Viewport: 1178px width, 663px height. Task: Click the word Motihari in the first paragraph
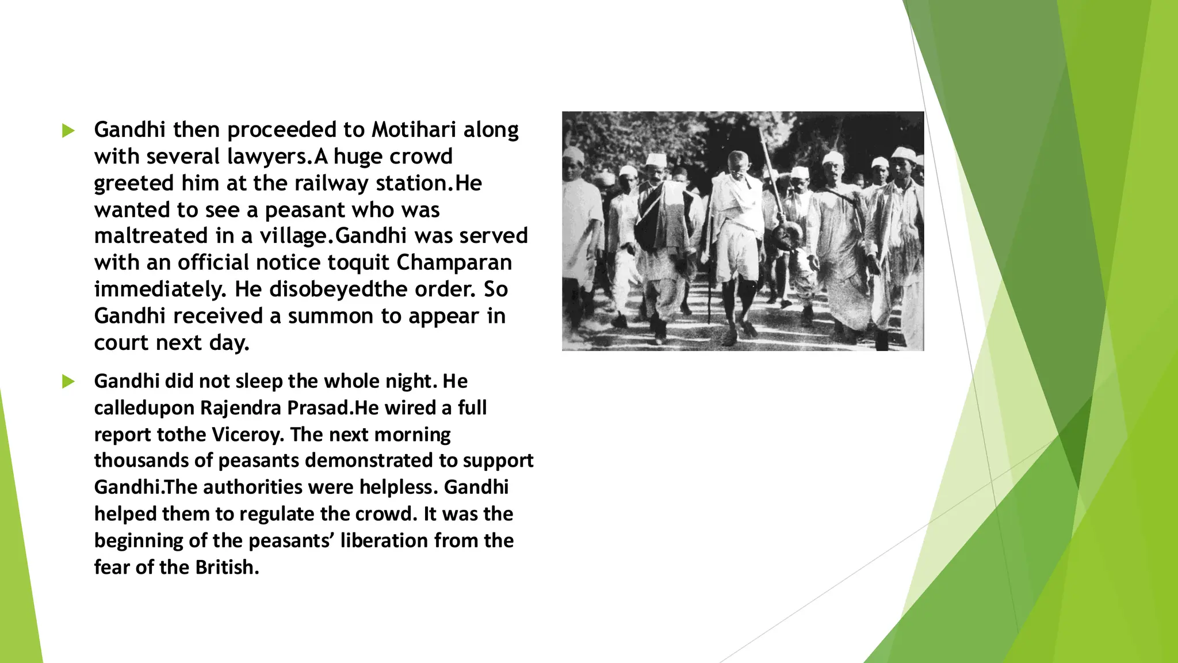(414, 129)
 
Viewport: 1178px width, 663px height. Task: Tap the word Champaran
(454, 262)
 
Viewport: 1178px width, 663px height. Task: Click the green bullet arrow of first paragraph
(68, 131)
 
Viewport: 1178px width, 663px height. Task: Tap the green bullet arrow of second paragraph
(68, 382)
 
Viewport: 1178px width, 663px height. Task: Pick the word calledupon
(144, 408)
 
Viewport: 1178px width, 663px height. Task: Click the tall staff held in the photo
(770, 173)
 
